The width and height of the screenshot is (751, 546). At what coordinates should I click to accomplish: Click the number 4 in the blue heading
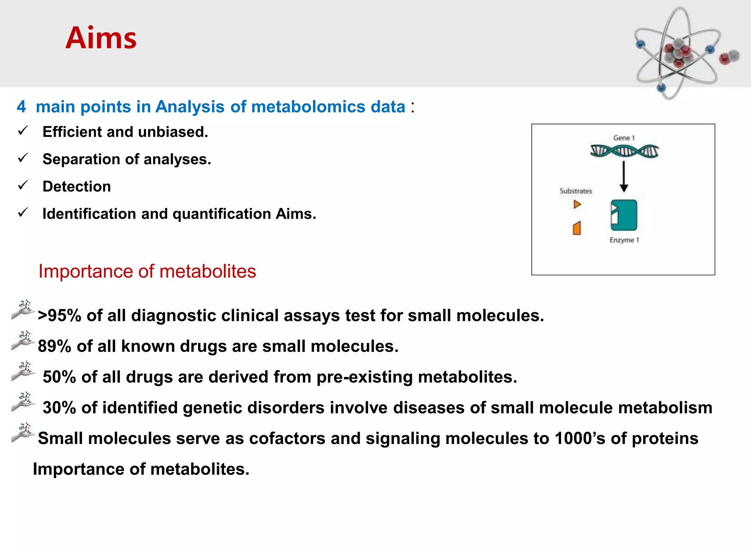(x=21, y=107)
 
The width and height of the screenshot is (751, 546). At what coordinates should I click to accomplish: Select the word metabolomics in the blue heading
(x=308, y=107)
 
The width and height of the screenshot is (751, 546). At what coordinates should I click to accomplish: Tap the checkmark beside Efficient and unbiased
(x=23, y=131)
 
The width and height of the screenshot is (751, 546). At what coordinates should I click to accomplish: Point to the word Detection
(x=77, y=187)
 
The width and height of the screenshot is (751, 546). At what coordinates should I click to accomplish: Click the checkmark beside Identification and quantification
(x=23, y=213)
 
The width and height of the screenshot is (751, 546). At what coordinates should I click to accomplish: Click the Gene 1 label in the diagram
(x=624, y=138)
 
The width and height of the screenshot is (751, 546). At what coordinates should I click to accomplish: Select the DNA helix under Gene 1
(x=624, y=151)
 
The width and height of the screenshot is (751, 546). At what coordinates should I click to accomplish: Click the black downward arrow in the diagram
(x=624, y=177)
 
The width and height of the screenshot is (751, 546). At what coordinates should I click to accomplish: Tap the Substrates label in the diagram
(x=576, y=191)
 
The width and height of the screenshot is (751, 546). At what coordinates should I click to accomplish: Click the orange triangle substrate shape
(x=577, y=204)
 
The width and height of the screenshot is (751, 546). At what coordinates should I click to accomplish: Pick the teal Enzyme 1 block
(x=624, y=215)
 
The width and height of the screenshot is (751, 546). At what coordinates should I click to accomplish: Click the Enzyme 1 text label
(x=624, y=240)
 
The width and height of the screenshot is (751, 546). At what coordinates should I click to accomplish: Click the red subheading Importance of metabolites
(x=147, y=272)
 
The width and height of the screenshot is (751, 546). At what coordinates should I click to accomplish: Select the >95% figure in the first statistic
(x=59, y=316)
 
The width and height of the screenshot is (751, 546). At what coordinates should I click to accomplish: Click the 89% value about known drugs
(x=55, y=347)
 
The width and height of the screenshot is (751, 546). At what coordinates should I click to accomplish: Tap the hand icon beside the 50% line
(x=23, y=372)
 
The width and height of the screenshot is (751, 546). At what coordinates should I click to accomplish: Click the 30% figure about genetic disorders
(x=59, y=408)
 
